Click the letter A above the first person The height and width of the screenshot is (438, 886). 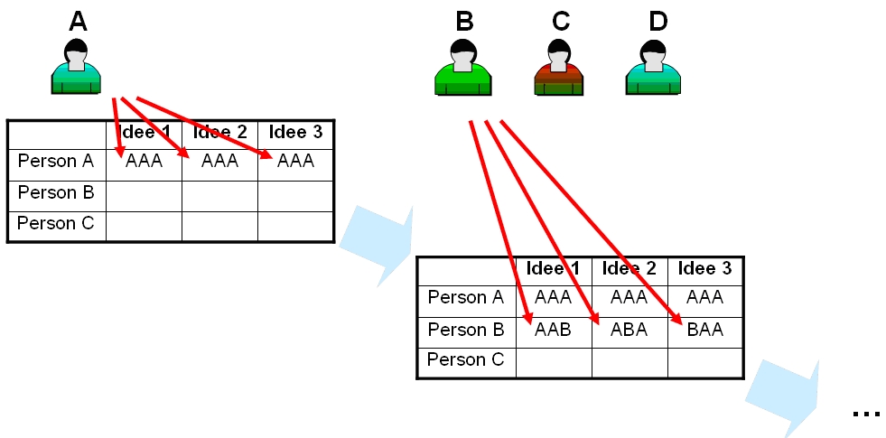(79, 22)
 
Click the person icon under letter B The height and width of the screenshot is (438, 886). (463, 67)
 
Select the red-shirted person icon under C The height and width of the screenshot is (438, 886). (558, 67)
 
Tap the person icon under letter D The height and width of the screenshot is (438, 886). (653, 67)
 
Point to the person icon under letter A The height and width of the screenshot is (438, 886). (76, 66)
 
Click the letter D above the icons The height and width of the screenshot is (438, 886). (658, 22)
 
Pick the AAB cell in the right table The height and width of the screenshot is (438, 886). (553, 330)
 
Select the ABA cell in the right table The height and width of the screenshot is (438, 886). (629, 330)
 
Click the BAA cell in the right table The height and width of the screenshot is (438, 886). (705, 330)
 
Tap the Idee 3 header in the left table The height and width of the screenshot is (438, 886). (295, 132)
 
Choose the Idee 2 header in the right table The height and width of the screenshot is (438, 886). (629, 268)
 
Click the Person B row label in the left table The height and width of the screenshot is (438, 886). (55, 192)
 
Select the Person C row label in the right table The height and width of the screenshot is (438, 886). (465, 359)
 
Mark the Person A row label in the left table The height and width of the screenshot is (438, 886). (55, 161)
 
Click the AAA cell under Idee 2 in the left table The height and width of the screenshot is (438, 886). (219, 161)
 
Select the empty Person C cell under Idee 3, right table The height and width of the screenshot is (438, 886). (705, 363)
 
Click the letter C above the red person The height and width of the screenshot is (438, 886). (561, 22)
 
